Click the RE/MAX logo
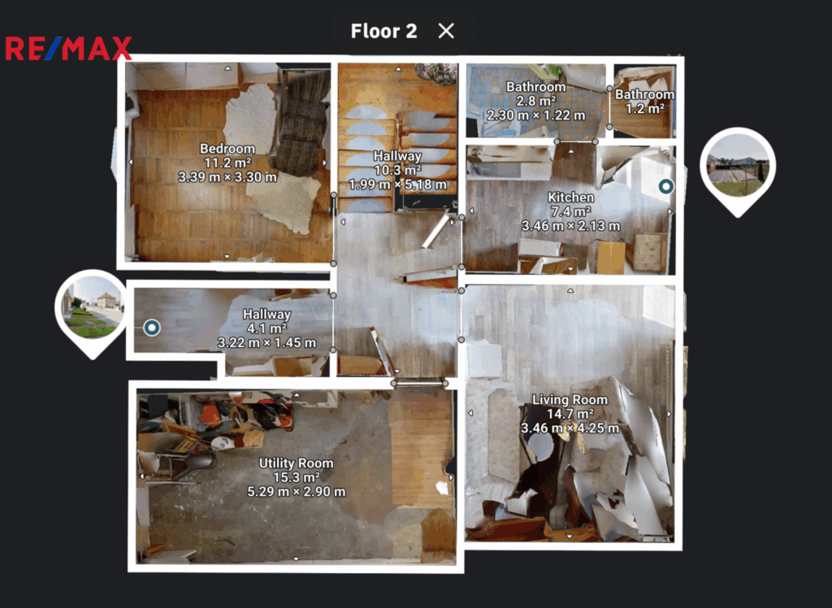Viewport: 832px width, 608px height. tap(68, 48)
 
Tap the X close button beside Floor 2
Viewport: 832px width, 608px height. tap(446, 31)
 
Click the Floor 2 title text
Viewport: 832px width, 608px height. tap(383, 31)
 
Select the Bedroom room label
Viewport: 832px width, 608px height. tap(227, 149)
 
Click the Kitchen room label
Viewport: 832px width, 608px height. tap(571, 197)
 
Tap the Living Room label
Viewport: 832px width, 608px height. tap(570, 400)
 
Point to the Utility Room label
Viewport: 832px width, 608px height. tap(296, 463)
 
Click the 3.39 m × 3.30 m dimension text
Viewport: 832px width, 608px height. tap(227, 177)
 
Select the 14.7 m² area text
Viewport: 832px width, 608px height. tap(570, 414)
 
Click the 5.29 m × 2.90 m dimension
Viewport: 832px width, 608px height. tap(296, 492)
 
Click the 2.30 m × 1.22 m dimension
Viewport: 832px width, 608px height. tap(536, 115)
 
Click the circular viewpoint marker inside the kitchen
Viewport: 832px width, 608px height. tap(666, 186)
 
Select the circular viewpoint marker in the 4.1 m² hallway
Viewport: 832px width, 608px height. tap(152, 328)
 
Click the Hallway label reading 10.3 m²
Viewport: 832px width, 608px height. tap(397, 156)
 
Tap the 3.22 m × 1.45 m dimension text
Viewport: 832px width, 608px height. tap(266, 342)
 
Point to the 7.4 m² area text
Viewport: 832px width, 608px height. tap(571, 211)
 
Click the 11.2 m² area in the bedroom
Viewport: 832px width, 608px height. tap(227, 163)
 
